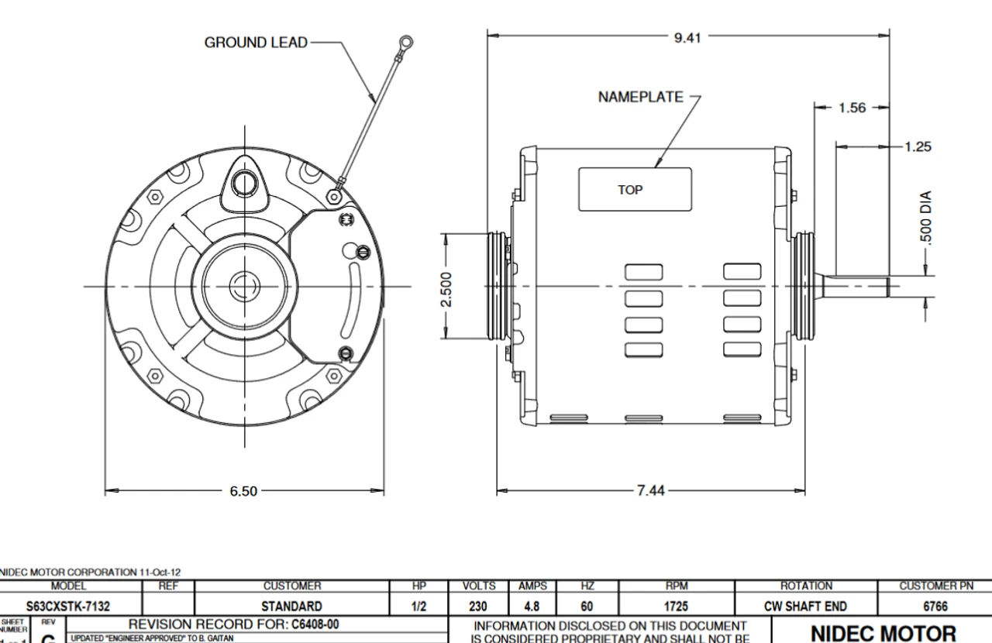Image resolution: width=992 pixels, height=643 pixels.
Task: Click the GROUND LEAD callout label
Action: point(255,43)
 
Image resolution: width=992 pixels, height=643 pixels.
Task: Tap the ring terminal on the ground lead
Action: point(405,44)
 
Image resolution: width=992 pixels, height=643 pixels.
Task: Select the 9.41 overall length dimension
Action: point(688,36)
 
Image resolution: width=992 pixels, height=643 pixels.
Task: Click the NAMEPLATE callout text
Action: point(640,98)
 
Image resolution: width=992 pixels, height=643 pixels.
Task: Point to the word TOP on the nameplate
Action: point(630,189)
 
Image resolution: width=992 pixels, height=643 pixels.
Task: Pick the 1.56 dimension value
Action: point(852,108)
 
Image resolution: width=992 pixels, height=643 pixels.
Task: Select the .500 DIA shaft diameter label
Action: point(925,218)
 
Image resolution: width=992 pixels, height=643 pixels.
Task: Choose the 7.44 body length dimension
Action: point(649,490)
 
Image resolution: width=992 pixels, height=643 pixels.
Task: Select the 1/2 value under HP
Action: point(419,606)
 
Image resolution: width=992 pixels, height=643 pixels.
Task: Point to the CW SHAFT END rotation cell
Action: point(806,606)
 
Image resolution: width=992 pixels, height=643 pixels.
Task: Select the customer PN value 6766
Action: point(935,606)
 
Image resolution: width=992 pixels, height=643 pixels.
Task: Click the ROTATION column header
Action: point(806,587)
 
